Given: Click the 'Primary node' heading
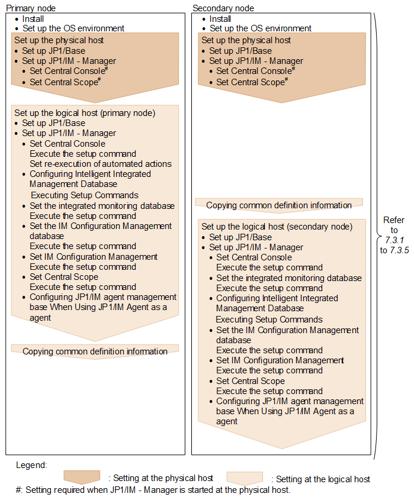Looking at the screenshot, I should (x=28, y=8).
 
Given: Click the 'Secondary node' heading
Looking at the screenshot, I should (x=223, y=8).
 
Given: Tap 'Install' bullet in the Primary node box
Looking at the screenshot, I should (x=33, y=19).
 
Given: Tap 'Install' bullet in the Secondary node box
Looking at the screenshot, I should (x=220, y=19).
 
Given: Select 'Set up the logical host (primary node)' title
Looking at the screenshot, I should (x=85, y=112).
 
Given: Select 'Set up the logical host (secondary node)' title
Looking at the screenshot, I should (x=277, y=227).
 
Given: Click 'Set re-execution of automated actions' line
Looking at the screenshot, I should (x=101, y=164).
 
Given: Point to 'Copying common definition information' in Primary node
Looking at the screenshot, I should (x=95, y=351).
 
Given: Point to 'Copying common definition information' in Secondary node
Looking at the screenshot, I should (x=279, y=205).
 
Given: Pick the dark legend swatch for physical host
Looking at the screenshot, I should (x=82, y=477).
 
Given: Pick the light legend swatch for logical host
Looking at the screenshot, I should (x=245, y=477).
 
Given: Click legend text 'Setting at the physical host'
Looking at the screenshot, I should (x=161, y=478).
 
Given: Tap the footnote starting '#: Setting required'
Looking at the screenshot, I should (x=153, y=490).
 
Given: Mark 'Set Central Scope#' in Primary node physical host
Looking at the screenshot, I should (x=64, y=82).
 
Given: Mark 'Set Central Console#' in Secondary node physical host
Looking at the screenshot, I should (x=255, y=71).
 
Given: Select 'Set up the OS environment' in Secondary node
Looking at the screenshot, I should (x=260, y=28).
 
